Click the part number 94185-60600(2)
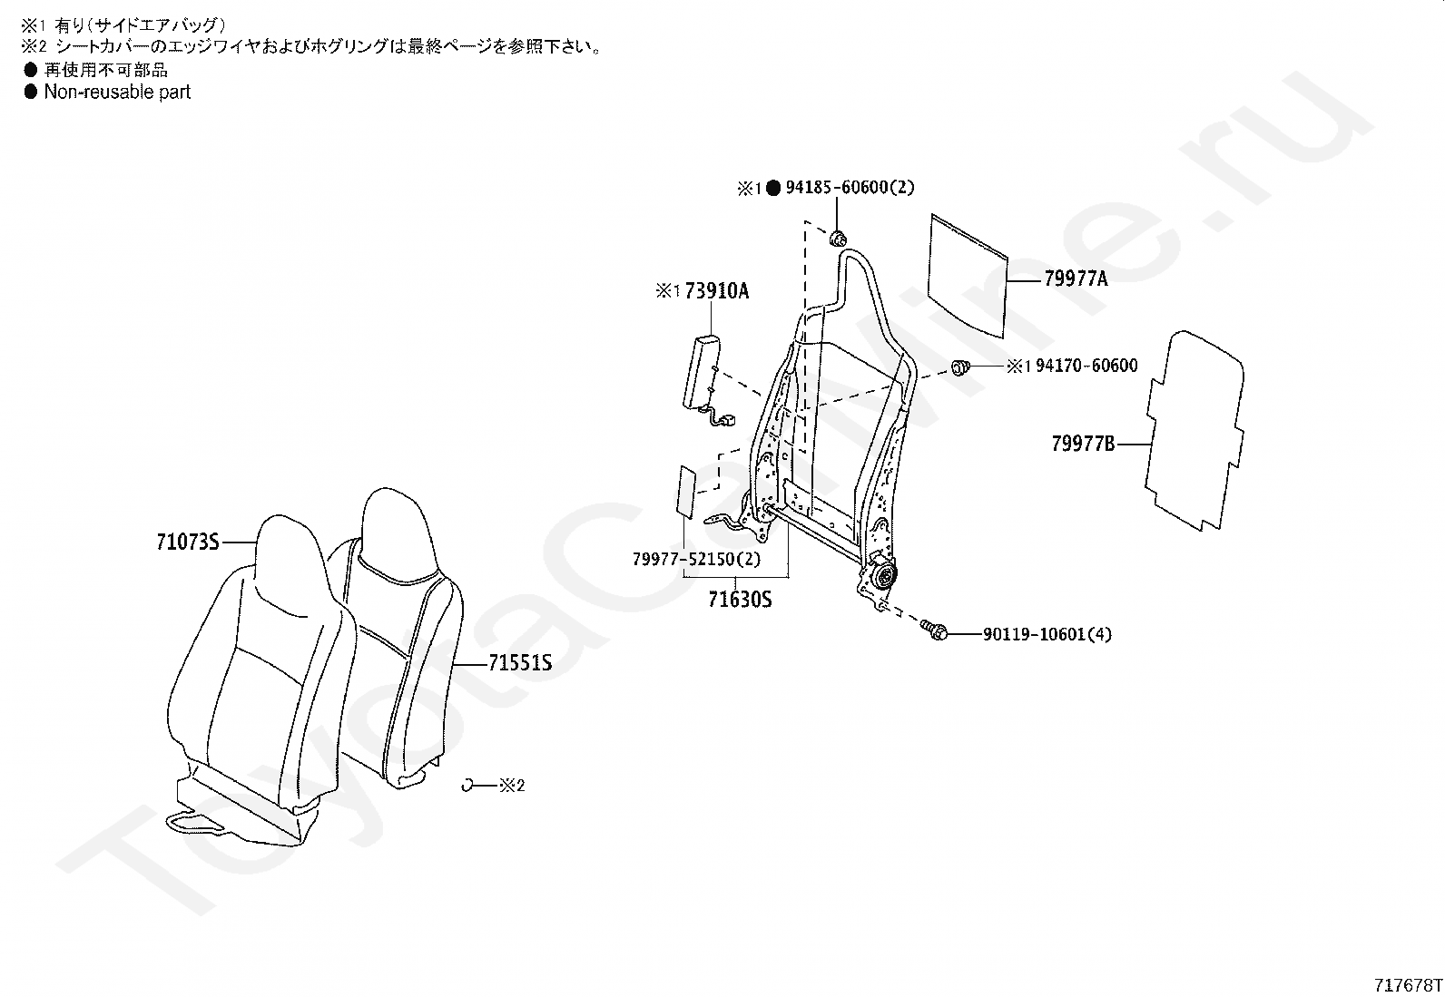point(850,187)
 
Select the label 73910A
point(717,291)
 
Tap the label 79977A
point(1076,279)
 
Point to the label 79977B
point(1083,444)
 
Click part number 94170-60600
point(1086,366)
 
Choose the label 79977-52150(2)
point(697,559)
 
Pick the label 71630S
point(740,600)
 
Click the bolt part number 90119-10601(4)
point(1047,634)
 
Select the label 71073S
point(188,542)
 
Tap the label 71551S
point(520,663)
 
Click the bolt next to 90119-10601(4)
point(933,630)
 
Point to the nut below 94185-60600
point(838,239)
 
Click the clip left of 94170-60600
point(960,368)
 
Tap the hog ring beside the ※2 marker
point(467,785)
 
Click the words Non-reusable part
point(117,93)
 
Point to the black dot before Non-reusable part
point(30,93)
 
